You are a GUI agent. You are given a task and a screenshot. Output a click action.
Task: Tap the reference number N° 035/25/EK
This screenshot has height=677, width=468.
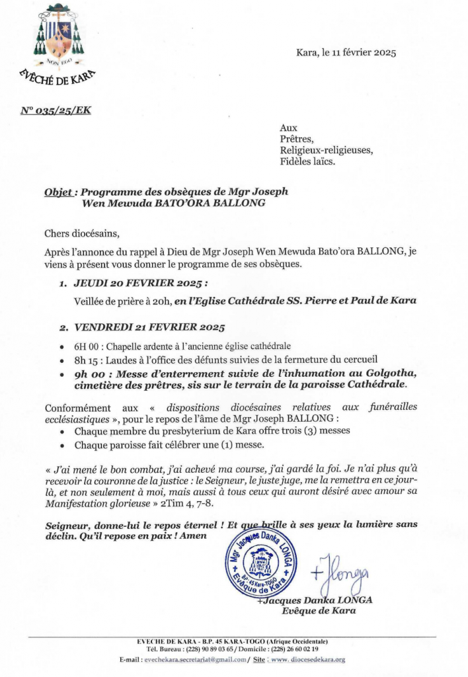coord(56,110)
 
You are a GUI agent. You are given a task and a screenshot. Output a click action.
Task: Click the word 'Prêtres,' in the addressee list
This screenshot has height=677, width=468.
coord(297,139)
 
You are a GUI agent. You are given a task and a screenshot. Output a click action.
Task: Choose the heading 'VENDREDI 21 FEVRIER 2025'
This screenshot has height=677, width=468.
coord(149,328)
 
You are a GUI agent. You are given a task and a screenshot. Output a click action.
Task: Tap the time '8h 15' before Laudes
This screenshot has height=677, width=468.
coord(87,360)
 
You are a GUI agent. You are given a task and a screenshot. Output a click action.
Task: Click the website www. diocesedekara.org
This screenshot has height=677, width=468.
coord(307,660)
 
